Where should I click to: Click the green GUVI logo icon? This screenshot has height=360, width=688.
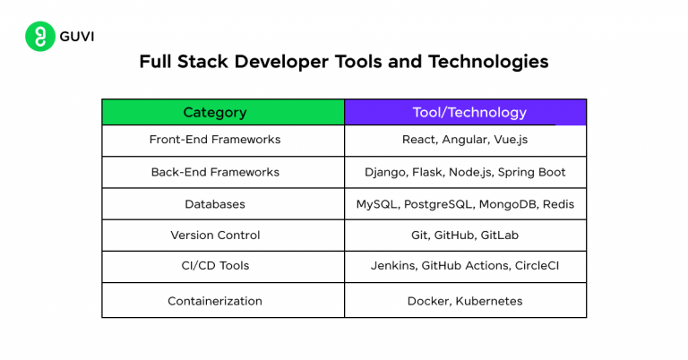click(39, 37)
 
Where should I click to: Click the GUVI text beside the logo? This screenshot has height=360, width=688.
click(77, 37)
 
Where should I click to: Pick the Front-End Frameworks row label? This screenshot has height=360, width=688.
click(215, 140)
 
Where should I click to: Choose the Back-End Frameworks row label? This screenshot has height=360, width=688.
click(215, 172)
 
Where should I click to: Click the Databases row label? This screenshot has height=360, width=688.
click(215, 204)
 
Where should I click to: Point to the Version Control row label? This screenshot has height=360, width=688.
click(215, 235)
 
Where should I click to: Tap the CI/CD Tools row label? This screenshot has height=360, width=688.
click(215, 266)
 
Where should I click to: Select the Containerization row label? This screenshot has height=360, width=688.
click(215, 301)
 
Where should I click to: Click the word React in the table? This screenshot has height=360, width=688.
click(420, 140)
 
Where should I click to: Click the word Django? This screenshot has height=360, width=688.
click(385, 172)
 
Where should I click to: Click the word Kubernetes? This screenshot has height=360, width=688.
click(488, 301)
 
